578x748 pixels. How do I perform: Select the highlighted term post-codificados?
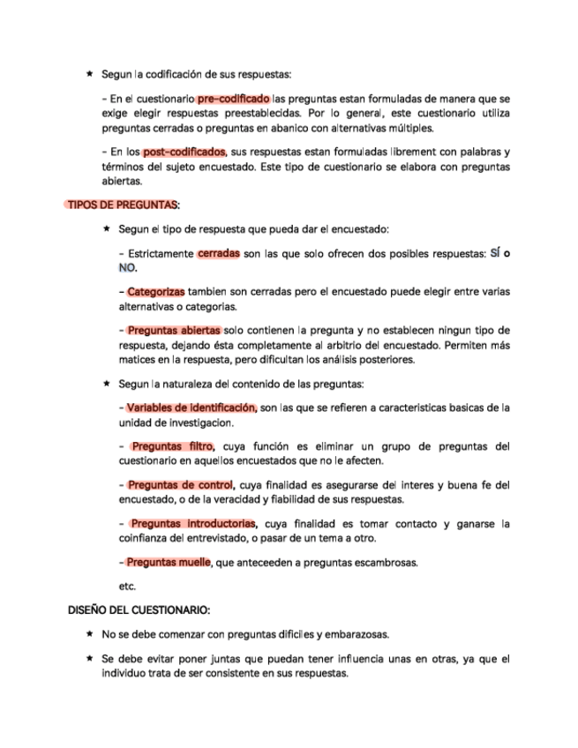184,151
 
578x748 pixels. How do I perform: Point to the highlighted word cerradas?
219,253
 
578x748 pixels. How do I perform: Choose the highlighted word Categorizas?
156,292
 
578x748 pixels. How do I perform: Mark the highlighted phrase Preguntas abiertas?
173,331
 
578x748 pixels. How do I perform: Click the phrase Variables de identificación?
191,408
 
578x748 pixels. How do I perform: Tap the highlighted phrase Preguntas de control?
179,485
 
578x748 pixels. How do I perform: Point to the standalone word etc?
127,585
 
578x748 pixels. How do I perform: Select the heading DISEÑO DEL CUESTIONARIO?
139,610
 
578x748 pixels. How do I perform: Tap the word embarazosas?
357,634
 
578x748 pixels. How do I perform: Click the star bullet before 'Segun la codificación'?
90,74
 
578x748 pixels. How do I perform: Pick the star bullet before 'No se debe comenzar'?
90,634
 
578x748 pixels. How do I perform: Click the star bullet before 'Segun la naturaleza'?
106,384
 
